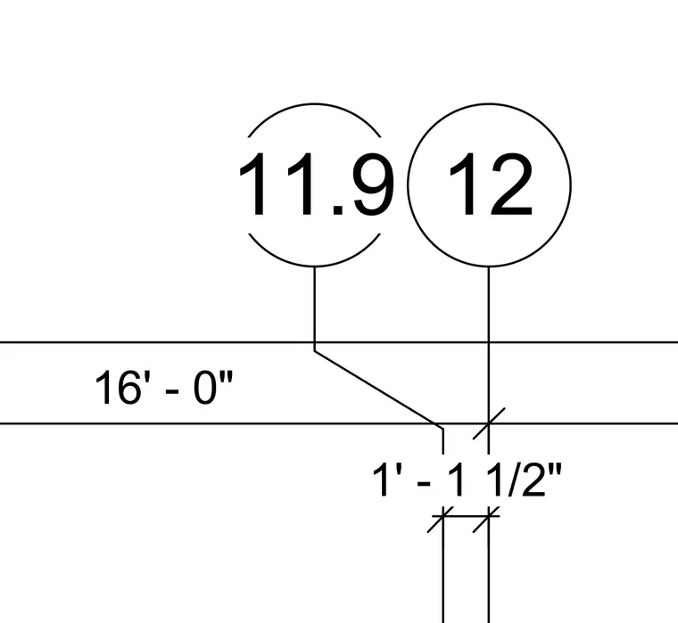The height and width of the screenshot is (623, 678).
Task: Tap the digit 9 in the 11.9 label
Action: [373, 184]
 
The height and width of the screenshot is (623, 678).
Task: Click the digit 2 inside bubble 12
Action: [511, 184]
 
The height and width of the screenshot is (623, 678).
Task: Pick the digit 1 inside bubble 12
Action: [465, 184]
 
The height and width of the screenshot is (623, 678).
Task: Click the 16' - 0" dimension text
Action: [164, 387]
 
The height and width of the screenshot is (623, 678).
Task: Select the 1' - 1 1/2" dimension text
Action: [467, 480]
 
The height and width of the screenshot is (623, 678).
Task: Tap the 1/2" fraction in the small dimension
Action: [524, 480]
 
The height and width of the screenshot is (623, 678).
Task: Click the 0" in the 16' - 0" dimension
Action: [213, 387]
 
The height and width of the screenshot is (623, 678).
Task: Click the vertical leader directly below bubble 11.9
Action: [315, 309]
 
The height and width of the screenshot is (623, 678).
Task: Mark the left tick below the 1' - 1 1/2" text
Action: [441, 520]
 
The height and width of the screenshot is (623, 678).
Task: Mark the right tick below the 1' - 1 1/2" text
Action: [486, 520]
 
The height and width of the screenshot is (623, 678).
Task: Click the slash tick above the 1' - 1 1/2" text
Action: [489, 423]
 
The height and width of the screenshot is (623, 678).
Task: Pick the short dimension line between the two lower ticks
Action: [466, 516]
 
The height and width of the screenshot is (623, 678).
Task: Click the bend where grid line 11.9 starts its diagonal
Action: [315, 351]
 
